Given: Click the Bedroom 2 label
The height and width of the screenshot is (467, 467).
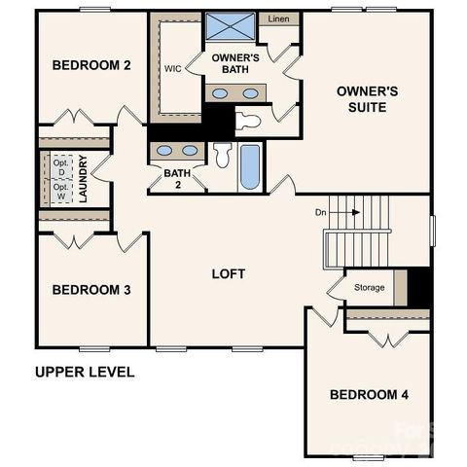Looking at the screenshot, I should [x=91, y=66].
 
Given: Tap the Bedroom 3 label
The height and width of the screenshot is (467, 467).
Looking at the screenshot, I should [x=91, y=290].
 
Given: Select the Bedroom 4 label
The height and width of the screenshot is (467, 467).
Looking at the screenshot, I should [x=369, y=394].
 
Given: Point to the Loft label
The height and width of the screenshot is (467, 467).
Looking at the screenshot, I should [x=229, y=273].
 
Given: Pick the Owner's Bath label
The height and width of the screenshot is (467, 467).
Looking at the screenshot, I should [x=235, y=63].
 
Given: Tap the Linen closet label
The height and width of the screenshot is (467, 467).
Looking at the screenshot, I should [x=278, y=19].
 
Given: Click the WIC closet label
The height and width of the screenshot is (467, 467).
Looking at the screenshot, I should [x=173, y=69].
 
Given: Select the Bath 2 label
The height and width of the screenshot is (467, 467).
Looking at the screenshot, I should [x=176, y=179].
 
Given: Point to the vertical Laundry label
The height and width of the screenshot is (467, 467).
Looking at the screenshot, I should [x=84, y=178].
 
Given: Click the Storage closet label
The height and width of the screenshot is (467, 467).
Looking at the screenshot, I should [x=369, y=288].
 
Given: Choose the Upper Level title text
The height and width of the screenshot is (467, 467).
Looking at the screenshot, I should [x=85, y=372].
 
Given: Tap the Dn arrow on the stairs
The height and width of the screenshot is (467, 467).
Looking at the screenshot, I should [x=345, y=211].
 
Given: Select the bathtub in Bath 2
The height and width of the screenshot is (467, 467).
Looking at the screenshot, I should [x=250, y=167].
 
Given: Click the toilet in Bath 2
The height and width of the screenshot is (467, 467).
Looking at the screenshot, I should [x=223, y=156].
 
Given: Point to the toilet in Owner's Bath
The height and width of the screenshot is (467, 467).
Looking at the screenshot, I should [x=247, y=121].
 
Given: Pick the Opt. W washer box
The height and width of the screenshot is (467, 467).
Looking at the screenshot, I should [x=61, y=191].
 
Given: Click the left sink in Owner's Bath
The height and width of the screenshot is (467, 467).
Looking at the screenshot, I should [x=220, y=93].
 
